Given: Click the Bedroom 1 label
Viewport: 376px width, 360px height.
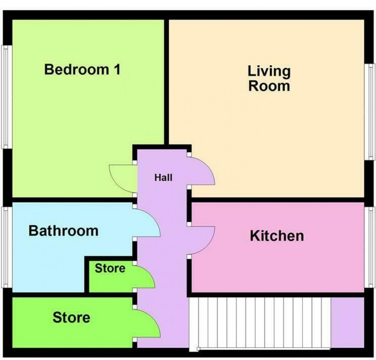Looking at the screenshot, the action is (x=82, y=69).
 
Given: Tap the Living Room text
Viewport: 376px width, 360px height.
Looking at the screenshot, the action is (x=269, y=79).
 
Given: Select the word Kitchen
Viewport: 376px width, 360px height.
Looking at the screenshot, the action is (x=277, y=236).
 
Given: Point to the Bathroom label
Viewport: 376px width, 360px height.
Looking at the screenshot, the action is (x=64, y=231).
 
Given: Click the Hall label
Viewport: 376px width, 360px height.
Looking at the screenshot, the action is (x=163, y=178).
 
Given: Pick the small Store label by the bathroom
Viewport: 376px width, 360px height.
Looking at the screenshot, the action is (x=110, y=268).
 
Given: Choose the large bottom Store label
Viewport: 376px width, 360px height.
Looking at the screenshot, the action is (x=71, y=317).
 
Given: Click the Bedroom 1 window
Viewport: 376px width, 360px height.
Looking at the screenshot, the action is (x=6, y=97).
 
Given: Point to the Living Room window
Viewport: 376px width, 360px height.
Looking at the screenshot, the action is (x=370, y=112).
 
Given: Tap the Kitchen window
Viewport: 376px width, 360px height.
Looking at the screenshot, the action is (x=370, y=248).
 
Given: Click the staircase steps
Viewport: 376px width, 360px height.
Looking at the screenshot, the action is (x=260, y=323).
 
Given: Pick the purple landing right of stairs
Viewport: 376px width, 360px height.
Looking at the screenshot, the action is (x=348, y=322).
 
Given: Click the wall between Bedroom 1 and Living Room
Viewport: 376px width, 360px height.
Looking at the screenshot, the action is (x=166, y=82).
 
